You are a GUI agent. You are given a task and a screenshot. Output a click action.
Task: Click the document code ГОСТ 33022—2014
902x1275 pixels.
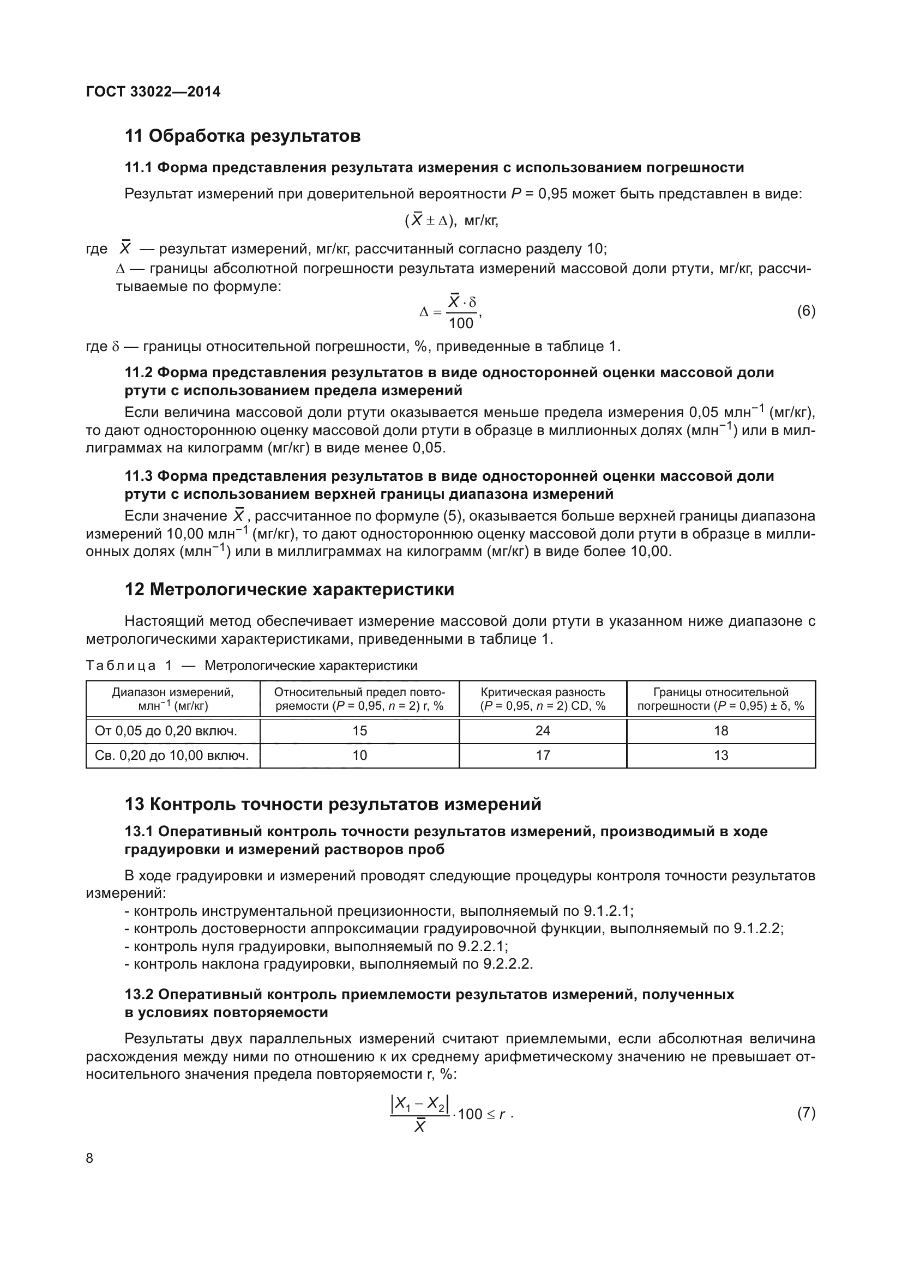pos(153,92)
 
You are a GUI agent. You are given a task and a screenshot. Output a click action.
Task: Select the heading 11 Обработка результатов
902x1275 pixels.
pos(243,136)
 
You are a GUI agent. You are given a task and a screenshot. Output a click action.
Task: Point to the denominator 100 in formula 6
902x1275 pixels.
pos(460,323)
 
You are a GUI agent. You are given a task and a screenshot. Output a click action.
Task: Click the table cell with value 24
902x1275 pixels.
pos(543,731)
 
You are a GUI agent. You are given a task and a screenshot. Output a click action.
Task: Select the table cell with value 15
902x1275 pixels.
pos(359,731)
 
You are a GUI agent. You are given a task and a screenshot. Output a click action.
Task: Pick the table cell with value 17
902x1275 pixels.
pos(543,755)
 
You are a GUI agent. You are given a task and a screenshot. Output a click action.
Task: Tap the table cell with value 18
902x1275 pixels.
pos(720,731)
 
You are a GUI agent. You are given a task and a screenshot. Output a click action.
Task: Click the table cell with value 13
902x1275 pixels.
pos(720,755)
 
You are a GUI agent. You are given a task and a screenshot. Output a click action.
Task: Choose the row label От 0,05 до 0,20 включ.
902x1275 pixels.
pos(166,731)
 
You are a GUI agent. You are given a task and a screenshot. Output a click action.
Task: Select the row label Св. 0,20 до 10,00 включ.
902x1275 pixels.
pos(172,755)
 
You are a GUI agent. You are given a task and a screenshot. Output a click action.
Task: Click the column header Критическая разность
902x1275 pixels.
pos(543,692)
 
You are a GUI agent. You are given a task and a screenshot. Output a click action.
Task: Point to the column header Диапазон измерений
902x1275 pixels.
pos(173,692)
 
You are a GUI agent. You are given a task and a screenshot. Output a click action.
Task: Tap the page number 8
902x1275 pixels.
pos(90,1158)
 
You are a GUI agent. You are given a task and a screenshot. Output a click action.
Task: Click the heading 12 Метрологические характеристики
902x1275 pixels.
pos(290,589)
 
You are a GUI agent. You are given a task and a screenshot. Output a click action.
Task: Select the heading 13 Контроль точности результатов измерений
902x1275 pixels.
pos(333,804)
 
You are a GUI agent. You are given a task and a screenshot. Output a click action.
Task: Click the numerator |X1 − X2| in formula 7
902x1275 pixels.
pos(420,1104)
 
